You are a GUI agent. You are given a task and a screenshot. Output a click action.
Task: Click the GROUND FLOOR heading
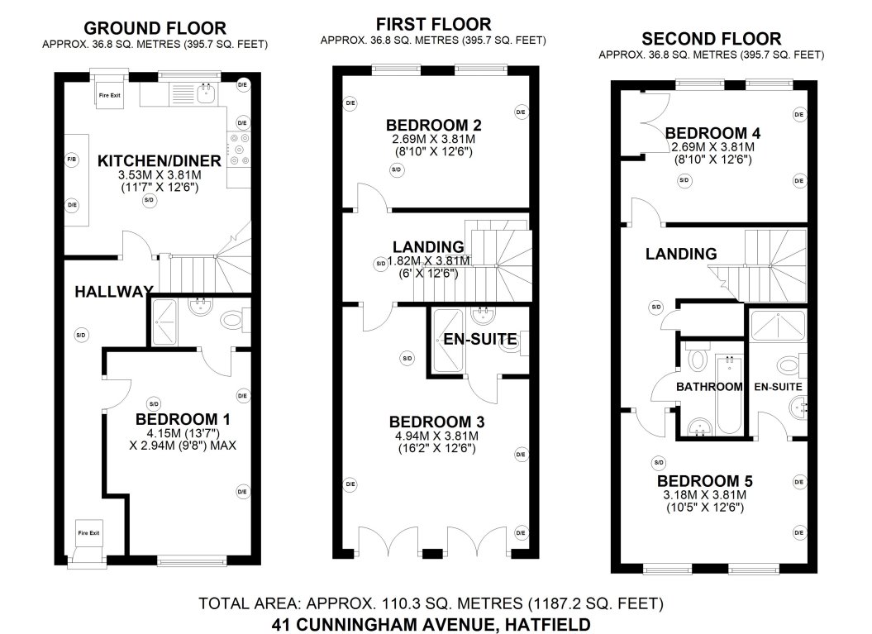pyautogui.click(x=155, y=29)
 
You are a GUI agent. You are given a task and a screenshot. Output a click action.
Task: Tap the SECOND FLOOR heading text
pyautogui.click(x=712, y=39)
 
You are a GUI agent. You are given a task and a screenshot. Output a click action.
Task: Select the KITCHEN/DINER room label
pyautogui.click(x=160, y=160)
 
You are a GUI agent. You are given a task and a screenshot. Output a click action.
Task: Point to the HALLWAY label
pyautogui.click(x=113, y=291)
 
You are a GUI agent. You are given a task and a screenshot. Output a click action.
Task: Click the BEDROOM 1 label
pyautogui.click(x=183, y=419)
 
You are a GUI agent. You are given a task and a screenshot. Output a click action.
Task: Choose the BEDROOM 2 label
pyautogui.click(x=433, y=126)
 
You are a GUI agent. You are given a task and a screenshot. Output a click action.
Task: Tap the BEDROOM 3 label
pyautogui.click(x=435, y=421)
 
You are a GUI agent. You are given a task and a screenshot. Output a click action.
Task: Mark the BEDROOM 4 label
pyautogui.click(x=712, y=133)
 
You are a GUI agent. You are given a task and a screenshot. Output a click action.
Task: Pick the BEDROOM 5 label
pyautogui.click(x=704, y=481)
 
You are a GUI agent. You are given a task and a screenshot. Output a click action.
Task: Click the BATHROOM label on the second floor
pyautogui.click(x=709, y=387)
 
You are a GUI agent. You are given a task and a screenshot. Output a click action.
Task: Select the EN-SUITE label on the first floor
pyautogui.click(x=480, y=338)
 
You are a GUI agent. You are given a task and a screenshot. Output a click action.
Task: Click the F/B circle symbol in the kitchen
pyautogui.click(x=72, y=160)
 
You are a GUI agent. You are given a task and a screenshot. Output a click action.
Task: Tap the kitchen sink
pyautogui.click(x=206, y=93)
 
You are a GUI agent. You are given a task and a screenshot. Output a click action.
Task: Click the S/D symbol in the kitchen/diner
pyautogui.click(x=149, y=200)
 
